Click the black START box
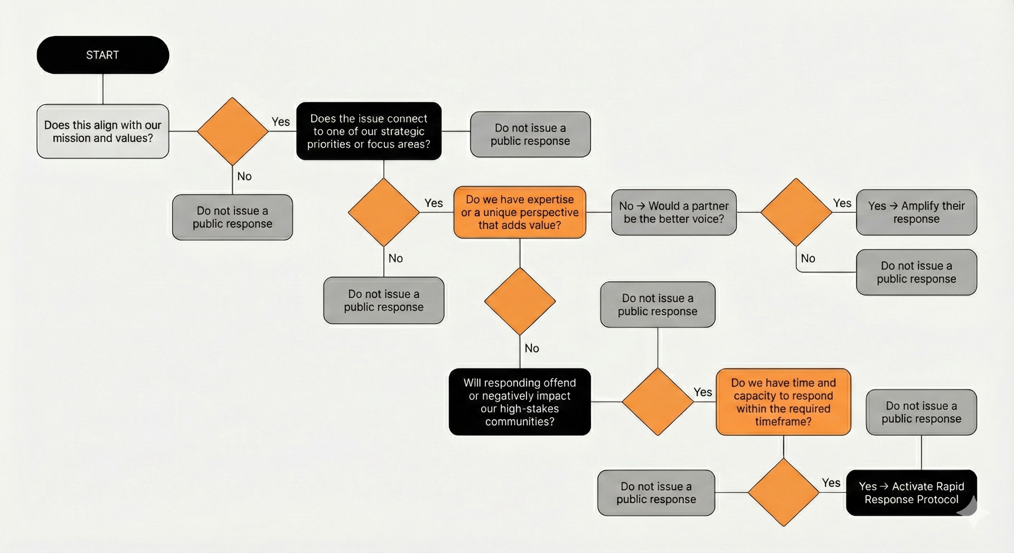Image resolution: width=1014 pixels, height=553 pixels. (x=102, y=55)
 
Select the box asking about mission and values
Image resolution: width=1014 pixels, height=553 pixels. (x=102, y=132)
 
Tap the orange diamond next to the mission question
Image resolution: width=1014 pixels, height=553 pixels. (x=232, y=131)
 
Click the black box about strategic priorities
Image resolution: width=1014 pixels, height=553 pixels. (x=369, y=131)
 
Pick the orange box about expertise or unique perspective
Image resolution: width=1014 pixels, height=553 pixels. (x=520, y=212)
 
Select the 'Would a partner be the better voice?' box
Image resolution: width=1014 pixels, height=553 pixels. (x=673, y=212)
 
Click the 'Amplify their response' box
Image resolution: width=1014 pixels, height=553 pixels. (x=916, y=212)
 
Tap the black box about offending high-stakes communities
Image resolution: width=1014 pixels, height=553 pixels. (x=520, y=402)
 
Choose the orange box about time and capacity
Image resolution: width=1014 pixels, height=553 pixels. (x=783, y=402)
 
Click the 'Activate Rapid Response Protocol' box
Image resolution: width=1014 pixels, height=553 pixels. (x=911, y=493)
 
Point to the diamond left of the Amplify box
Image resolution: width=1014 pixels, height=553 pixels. (x=796, y=212)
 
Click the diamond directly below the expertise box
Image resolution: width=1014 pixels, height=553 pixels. (x=520, y=301)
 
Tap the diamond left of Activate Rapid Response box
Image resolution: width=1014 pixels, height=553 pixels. (x=783, y=492)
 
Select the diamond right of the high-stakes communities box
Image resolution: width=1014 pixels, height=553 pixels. (x=658, y=402)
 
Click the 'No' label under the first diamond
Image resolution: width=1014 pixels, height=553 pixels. (x=244, y=176)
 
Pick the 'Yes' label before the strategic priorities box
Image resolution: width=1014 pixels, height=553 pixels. (x=280, y=122)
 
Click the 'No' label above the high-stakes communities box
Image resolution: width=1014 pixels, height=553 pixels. (x=531, y=348)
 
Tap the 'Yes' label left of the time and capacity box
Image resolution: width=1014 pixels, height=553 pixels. (x=702, y=392)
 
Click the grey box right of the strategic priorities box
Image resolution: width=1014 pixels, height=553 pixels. (x=530, y=134)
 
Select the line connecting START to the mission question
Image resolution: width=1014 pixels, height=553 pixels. (x=102, y=89)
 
